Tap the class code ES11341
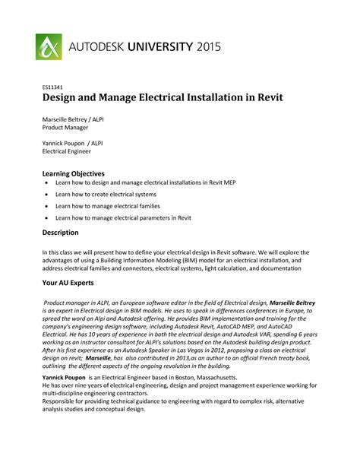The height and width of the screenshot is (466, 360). point(52,87)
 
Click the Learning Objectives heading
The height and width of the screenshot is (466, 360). point(73,173)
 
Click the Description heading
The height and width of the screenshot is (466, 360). point(60,232)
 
